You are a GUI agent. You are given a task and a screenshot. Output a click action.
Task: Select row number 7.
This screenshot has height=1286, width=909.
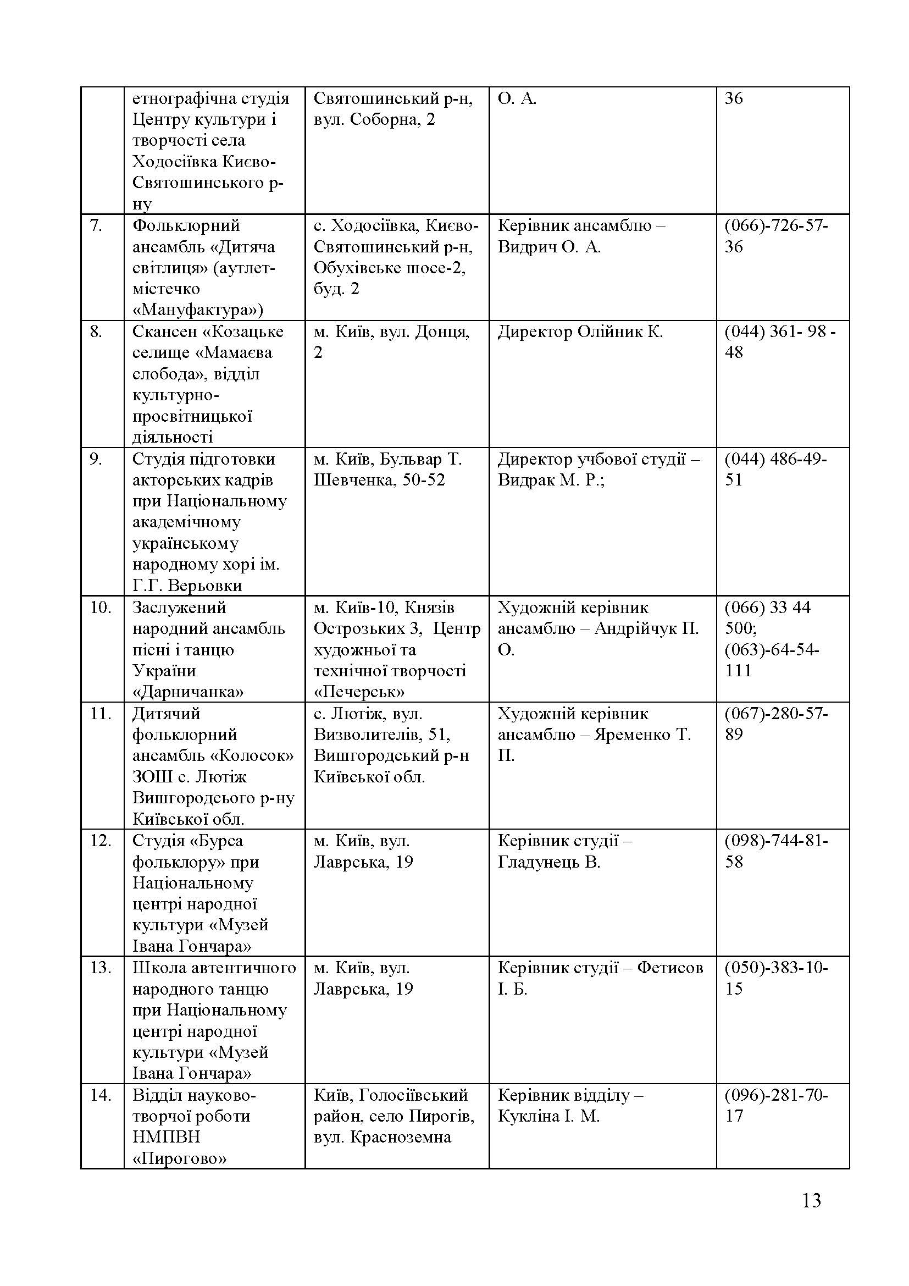[96, 226]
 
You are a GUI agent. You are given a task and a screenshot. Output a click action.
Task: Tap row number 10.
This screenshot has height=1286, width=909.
[101, 607]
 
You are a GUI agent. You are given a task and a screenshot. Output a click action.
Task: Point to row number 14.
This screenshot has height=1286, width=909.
[101, 1095]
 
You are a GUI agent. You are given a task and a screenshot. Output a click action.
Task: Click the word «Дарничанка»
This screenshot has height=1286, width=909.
[188, 692]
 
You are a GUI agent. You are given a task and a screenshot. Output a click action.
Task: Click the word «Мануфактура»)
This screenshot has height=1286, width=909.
[198, 310]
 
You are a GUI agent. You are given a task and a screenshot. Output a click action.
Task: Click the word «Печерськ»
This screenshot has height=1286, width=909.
[359, 692]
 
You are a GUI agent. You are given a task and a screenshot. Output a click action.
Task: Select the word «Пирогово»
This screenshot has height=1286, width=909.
[180, 1158]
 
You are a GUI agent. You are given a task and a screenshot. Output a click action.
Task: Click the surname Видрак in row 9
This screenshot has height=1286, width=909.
[524, 480]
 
